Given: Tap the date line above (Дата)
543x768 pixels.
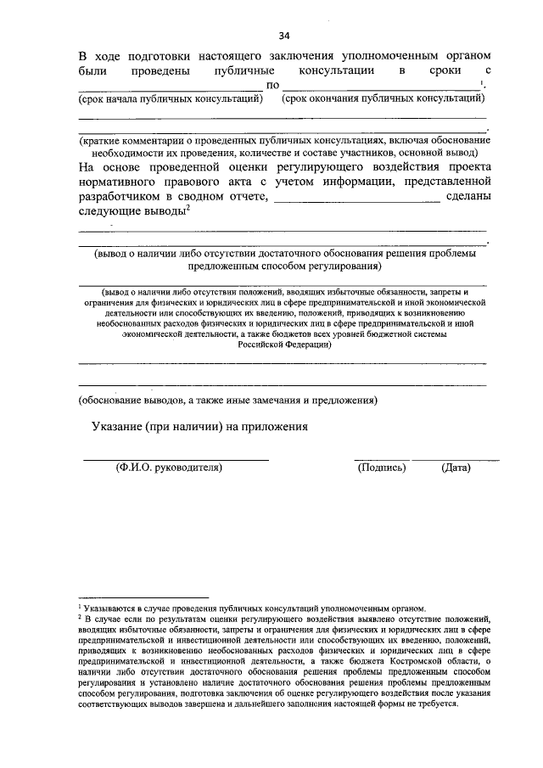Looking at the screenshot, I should [467, 459].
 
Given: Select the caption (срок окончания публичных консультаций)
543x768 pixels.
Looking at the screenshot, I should [383, 99].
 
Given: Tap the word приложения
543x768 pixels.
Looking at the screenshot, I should [275, 427].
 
